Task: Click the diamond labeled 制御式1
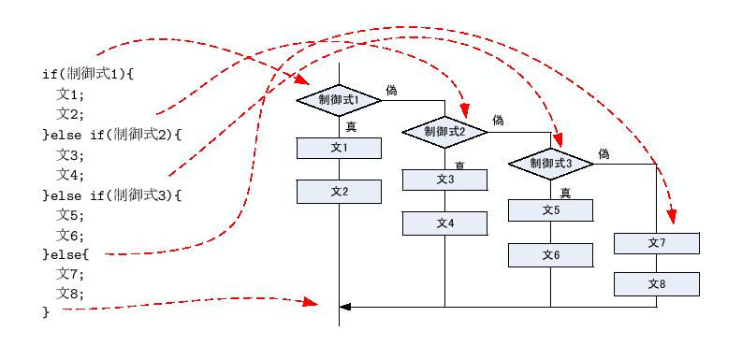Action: (x=339, y=99)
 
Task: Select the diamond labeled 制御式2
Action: (x=444, y=132)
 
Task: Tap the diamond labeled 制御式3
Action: (x=550, y=164)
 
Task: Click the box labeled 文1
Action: (x=339, y=148)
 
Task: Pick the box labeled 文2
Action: (x=339, y=192)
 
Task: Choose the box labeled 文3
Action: (x=444, y=180)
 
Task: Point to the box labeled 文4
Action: (x=444, y=223)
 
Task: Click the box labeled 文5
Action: (x=550, y=210)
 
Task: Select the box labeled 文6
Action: (x=550, y=254)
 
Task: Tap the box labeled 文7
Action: (x=656, y=243)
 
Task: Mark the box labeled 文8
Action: (x=656, y=284)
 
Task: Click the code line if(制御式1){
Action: (x=89, y=74)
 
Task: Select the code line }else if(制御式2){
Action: (x=111, y=135)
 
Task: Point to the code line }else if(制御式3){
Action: (x=111, y=195)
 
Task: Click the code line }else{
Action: (x=65, y=254)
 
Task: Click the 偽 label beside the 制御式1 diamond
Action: (x=391, y=91)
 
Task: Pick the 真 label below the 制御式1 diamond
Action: (x=351, y=126)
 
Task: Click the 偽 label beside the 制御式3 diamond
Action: (x=604, y=153)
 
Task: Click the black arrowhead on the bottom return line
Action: (x=345, y=306)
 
